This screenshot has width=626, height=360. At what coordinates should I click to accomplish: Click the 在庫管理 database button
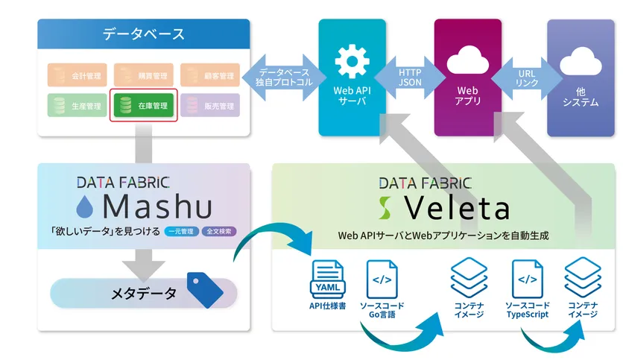pyautogui.click(x=144, y=107)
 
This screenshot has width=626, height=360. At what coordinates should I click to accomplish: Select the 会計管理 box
pyautogui.click(x=78, y=75)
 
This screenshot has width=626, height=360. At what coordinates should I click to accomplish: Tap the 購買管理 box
pyautogui.click(x=144, y=75)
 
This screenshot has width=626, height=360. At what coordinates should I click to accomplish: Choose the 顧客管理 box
pyautogui.click(x=209, y=75)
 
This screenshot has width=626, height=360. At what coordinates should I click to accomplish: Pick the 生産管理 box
pyautogui.click(x=78, y=107)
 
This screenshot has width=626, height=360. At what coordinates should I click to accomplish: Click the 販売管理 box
pyautogui.click(x=209, y=107)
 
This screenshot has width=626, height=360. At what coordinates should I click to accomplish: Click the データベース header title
pyautogui.click(x=143, y=34)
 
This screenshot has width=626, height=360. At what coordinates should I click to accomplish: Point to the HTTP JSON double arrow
pyautogui.click(x=409, y=78)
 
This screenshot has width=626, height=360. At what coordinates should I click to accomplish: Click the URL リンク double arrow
pyautogui.click(x=526, y=78)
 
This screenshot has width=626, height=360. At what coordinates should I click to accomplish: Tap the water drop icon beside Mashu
pyautogui.click(x=89, y=206)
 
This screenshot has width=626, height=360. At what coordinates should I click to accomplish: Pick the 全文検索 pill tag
pyautogui.click(x=218, y=231)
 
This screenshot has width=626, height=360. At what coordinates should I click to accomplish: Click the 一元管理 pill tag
pyautogui.click(x=181, y=231)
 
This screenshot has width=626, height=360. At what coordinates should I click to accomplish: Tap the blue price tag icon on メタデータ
pyautogui.click(x=205, y=290)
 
